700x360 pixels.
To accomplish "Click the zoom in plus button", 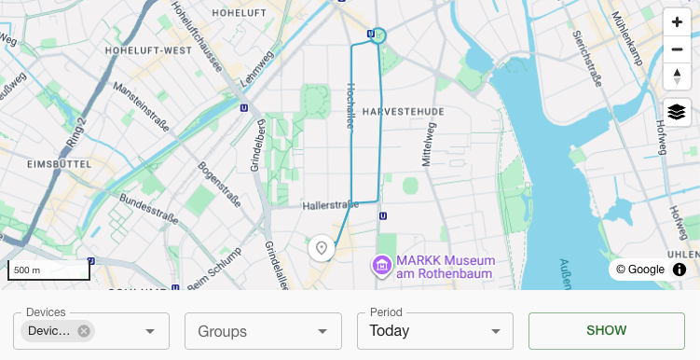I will pos(677,22).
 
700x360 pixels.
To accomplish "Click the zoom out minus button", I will pos(677,49).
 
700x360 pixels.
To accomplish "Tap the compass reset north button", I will pos(677,76).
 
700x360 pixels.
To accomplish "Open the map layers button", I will pos(677,113).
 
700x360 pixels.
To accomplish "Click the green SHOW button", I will pos(606,330).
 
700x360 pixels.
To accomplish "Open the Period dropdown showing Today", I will pos(434,331).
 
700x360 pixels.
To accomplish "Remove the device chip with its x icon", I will pos(84,331).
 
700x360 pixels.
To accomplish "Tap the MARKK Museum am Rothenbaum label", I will pos(445,266).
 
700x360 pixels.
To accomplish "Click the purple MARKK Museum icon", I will pos(381,266).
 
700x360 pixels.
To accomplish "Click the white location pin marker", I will pos(322,248).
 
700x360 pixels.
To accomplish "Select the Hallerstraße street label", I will pos(330,204).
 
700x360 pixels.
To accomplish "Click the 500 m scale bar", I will pos(49,270).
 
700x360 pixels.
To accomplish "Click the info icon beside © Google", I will pos(679,270).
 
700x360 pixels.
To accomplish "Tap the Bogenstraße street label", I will pos(219,185).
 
